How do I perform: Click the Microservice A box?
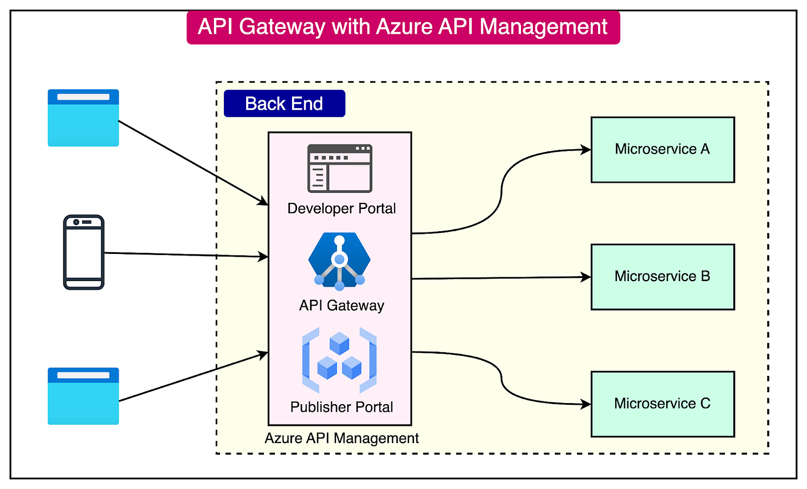[x=662, y=150]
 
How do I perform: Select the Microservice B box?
[x=662, y=277]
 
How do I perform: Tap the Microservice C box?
[x=662, y=404]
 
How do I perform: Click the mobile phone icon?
[x=84, y=252]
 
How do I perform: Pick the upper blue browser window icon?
[x=83, y=118]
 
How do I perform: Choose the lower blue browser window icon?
[x=83, y=396]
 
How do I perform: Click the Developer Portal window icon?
[x=340, y=169]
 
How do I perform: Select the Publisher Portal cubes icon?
[x=339, y=360]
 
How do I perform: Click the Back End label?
[x=284, y=104]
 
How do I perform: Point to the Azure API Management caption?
[x=341, y=438]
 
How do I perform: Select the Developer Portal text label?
[x=341, y=208]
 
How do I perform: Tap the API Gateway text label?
[x=341, y=305]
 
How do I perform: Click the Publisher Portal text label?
[x=341, y=407]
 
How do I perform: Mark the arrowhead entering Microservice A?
[x=586, y=149]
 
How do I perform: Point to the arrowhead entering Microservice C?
[x=586, y=405]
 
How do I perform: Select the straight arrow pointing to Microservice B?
[x=499, y=278]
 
